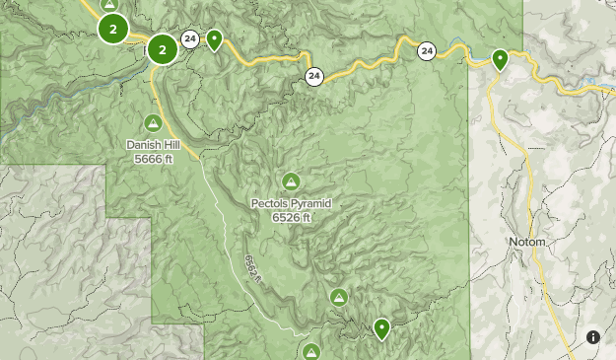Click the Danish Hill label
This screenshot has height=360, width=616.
[x=153, y=144]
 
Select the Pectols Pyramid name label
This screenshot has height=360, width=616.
[x=291, y=203]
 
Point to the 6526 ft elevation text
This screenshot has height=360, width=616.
[x=291, y=217]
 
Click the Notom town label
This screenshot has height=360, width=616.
[x=527, y=242]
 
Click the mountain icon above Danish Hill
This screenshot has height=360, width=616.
[x=153, y=123]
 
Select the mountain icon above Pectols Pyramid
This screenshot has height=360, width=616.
[x=291, y=181]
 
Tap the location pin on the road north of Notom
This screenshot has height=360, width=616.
[x=501, y=60]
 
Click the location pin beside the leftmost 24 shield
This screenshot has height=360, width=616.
[x=214, y=40]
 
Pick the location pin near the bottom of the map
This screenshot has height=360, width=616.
[x=381, y=328]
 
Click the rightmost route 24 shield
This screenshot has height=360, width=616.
[x=426, y=50]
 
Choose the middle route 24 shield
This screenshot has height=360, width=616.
[x=313, y=76]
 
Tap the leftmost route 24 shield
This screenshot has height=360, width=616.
[x=189, y=39]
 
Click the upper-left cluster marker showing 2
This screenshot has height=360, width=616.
[x=113, y=30]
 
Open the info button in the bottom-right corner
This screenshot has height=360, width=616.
[x=593, y=337]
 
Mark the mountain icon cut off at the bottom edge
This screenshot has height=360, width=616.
[x=311, y=352]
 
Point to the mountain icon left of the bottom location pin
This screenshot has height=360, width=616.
[x=339, y=296]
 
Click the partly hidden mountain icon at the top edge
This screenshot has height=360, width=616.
[x=110, y=4]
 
